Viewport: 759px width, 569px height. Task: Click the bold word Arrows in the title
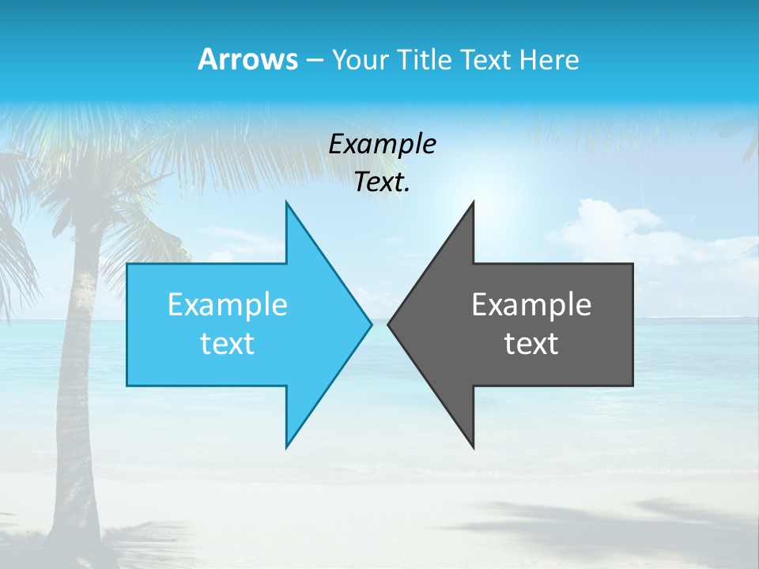[247, 59]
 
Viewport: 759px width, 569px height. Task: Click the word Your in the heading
[360, 60]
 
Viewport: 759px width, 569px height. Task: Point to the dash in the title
[314, 60]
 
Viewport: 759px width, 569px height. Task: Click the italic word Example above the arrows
[382, 144]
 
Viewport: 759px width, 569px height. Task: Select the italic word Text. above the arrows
[382, 182]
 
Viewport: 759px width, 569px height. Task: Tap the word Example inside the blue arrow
[227, 304]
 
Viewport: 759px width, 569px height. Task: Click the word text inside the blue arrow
[227, 344]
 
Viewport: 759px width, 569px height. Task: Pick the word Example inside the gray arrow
[531, 304]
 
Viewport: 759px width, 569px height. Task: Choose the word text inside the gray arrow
[531, 344]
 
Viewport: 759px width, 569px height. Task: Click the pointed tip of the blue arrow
[370, 324]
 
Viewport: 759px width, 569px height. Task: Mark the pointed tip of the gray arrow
[389, 324]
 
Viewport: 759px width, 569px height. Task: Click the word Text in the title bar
[486, 59]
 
